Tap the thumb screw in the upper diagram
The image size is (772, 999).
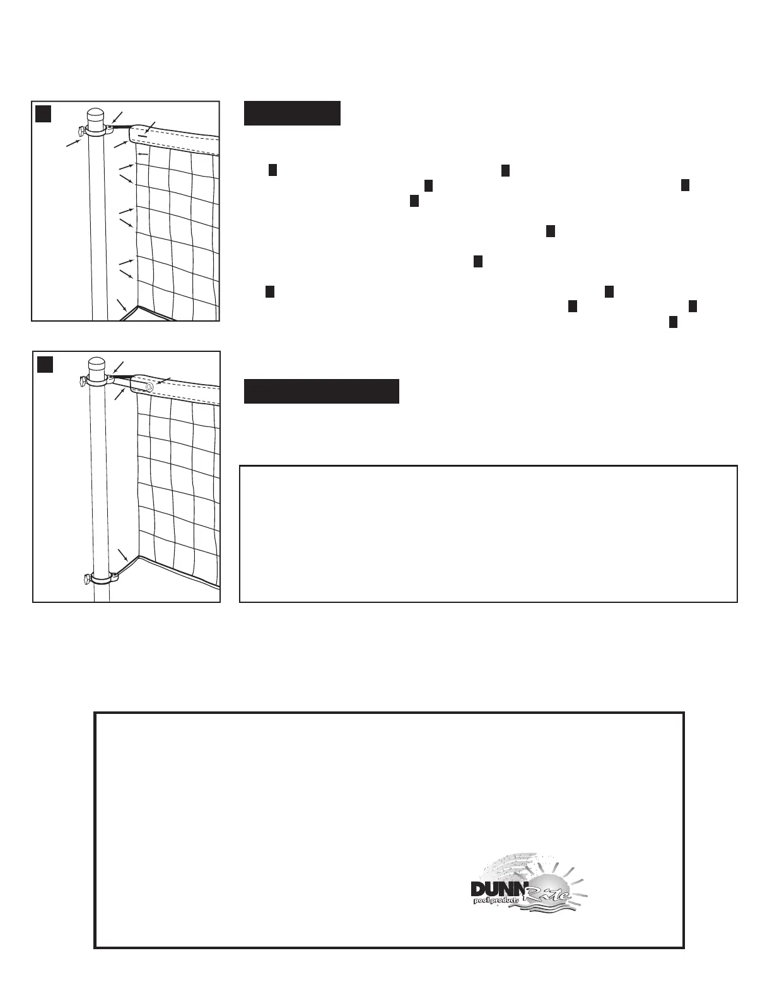click(80, 131)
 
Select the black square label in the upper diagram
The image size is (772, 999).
click(43, 113)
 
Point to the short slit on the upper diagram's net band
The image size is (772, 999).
click(144, 135)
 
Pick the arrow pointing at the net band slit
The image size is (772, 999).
click(151, 126)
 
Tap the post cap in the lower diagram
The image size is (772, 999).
click(96, 365)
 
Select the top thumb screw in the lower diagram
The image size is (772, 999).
click(83, 381)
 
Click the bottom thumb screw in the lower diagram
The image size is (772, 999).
click(87, 578)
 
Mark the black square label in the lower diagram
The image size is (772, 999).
click(45, 365)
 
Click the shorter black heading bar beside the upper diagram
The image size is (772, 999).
click(292, 113)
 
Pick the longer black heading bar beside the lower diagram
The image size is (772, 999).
click(322, 391)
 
